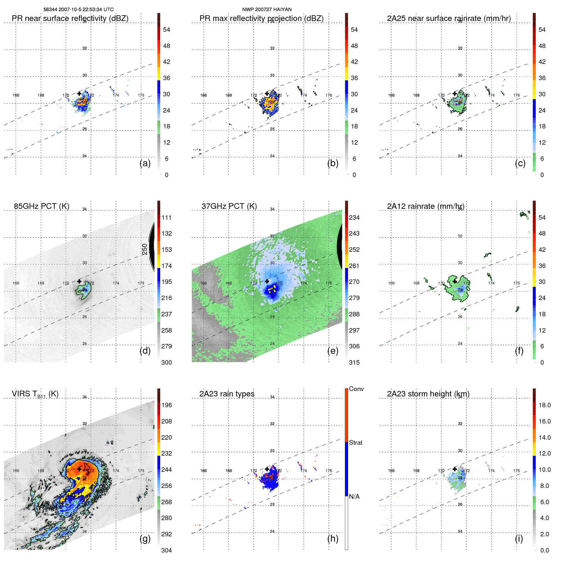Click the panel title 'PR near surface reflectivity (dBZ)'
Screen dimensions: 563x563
(70, 18)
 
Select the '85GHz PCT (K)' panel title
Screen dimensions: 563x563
(41, 206)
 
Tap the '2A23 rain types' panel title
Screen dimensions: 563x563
(227, 394)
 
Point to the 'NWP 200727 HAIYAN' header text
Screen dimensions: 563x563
(267, 10)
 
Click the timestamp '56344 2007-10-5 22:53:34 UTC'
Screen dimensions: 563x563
(79, 10)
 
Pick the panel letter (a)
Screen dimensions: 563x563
(145, 163)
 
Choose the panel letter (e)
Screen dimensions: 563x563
(333, 351)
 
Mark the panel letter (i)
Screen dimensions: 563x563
(519, 539)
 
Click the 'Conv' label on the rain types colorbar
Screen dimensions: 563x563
(356, 389)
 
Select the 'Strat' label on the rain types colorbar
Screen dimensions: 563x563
(355, 443)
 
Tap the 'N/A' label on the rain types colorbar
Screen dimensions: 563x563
(354, 497)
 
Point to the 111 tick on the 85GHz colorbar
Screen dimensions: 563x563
(167, 217)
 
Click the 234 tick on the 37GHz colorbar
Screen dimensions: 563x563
(354, 217)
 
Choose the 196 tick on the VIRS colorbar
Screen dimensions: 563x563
(167, 405)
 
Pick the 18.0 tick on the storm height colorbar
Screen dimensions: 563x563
(544, 405)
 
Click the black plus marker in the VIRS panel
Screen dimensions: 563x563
(79, 469)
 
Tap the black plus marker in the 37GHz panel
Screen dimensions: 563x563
(267, 281)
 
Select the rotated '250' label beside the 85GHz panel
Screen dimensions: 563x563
(145, 249)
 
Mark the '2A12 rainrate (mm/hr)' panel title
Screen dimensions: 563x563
(425, 206)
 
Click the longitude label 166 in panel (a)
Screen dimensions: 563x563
(16, 95)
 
